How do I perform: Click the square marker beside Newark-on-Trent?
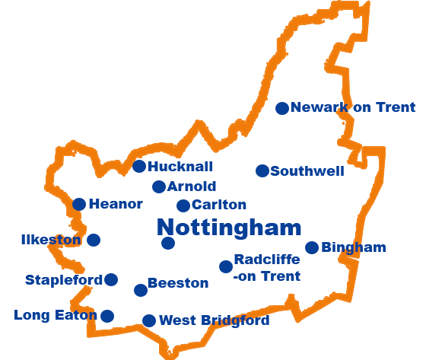click(x=281, y=108)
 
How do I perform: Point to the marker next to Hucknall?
click(x=139, y=166)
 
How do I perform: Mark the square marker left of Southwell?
click(x=262, y=170)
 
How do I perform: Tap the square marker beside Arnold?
click(x=157, y=186)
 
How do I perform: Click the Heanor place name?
click(x=115, y=203)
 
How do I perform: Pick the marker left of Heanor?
click(x=78, y=203)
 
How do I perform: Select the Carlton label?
click(x=218, y=204)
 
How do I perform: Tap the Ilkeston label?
click(x=51, y=240)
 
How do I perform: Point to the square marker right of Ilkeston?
click(x=93, y=240)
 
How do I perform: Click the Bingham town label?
click(x=353, y=247)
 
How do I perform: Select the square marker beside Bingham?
click(x=311, y=247)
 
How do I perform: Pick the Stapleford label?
click(x=63, y=279)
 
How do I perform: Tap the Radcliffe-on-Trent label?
click(x=266, y=268)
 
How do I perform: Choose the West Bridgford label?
click(x=213, y=320)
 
